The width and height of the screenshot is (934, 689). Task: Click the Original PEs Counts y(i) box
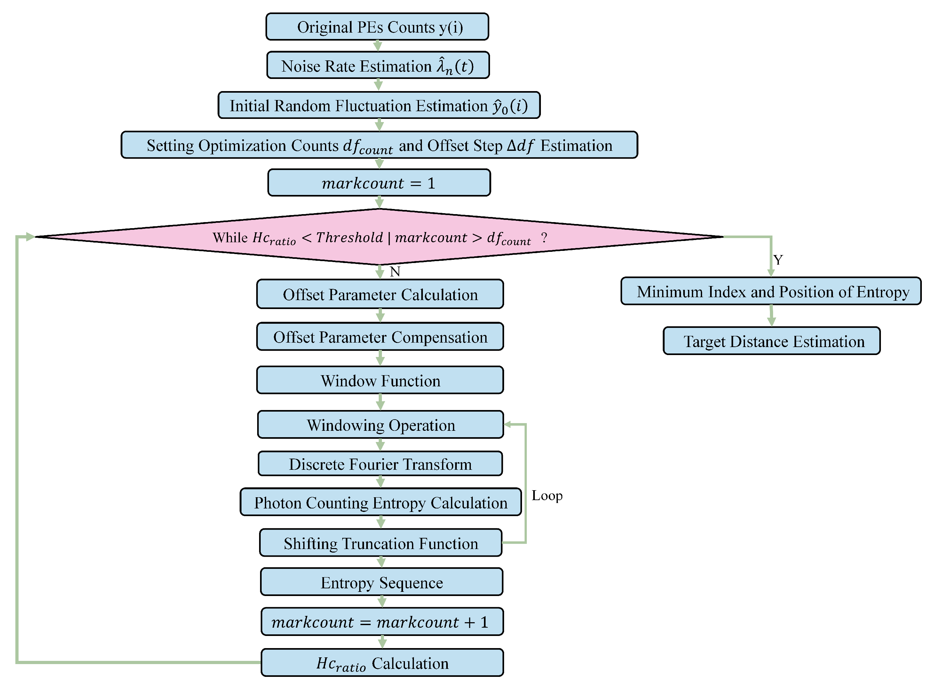377,27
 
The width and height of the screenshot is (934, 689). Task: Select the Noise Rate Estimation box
378,65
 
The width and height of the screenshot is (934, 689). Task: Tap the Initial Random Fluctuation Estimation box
379,105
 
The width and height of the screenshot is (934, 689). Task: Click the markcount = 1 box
379,183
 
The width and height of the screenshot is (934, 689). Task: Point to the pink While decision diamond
379,237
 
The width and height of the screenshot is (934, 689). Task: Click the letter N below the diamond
395,272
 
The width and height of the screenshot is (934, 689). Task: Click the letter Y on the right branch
778,260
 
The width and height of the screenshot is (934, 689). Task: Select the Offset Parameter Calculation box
380,294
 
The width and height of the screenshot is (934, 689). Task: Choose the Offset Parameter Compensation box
380,337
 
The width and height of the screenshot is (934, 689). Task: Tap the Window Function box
380,380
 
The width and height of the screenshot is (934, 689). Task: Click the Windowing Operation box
380,425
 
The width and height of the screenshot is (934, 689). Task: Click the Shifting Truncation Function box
381,543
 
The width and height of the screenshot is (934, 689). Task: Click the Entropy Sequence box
382,582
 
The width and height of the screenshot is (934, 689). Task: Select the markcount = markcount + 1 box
382,622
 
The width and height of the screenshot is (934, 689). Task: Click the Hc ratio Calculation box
382,663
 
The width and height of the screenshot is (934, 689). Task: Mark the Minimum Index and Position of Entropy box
771,291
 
